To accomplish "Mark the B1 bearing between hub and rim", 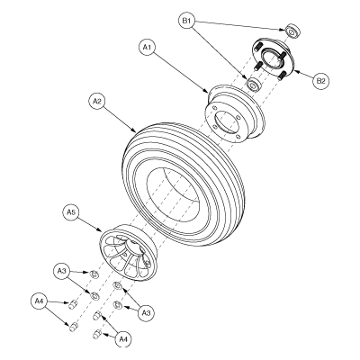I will [x=256, y=85].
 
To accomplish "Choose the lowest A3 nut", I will [x=118, y=306].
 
